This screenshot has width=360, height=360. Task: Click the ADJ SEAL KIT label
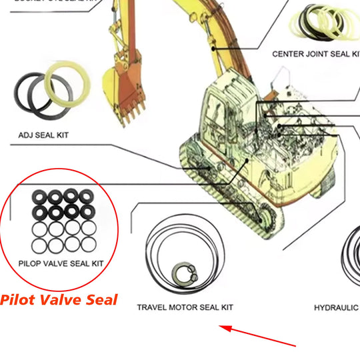43,135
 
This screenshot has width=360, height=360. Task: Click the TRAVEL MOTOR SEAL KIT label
185,307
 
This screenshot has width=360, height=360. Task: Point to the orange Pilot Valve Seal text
59,299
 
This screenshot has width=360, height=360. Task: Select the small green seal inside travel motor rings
181,273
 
